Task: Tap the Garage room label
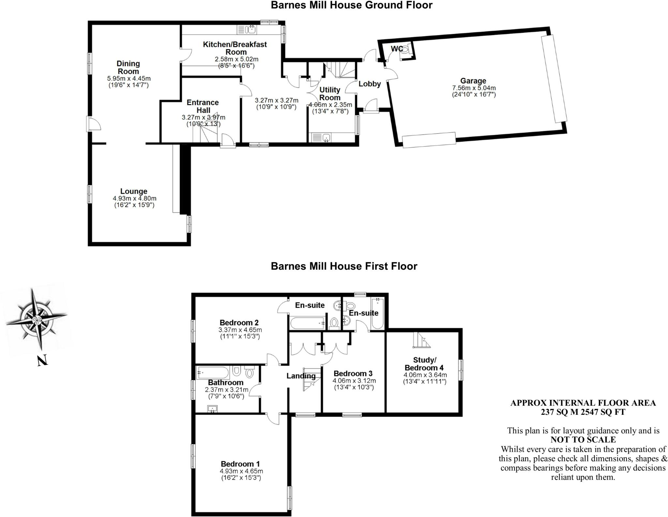473,81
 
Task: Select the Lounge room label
134,191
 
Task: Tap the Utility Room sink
321,138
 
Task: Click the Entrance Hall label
203,106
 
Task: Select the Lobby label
370,84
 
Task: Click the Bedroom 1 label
240,464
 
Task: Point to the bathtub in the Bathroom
213,373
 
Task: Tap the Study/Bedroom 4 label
424,364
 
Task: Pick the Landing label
301,376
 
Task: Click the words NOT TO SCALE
583,440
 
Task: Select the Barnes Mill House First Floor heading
344,266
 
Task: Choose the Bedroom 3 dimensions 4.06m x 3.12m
354,380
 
